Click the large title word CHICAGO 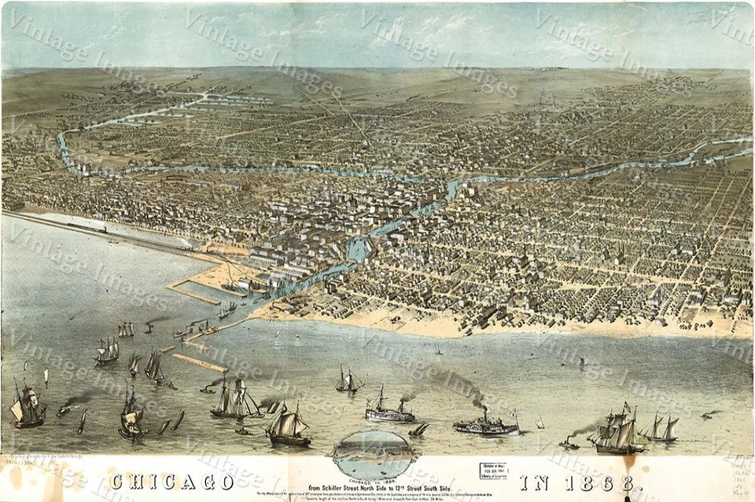171,480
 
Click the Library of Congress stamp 493,471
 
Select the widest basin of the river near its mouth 358,250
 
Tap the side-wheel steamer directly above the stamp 486,425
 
